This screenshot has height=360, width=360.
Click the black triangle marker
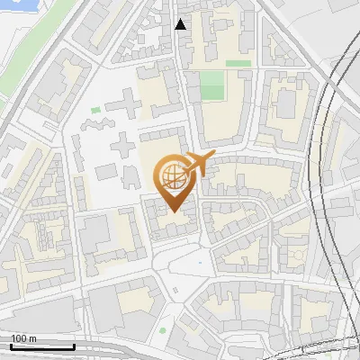(181, 24)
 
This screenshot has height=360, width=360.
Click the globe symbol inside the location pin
(171, 175)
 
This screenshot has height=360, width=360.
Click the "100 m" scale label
(24, 338)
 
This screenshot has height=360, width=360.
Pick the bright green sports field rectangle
(212, 86)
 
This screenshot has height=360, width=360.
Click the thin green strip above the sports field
(238, 64)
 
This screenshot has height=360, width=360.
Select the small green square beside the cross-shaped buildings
(95, 111)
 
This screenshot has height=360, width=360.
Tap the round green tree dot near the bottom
(163, 330)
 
